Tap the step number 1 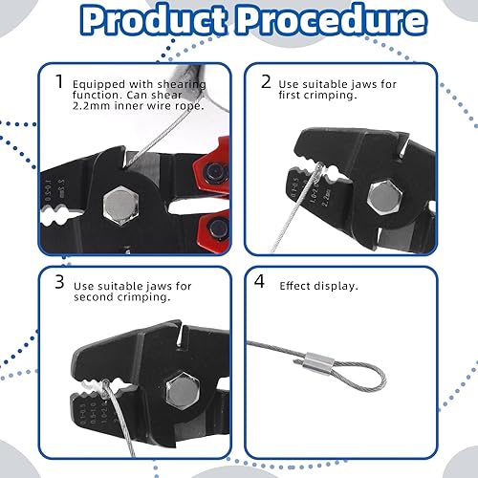59,82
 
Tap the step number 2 267,82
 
